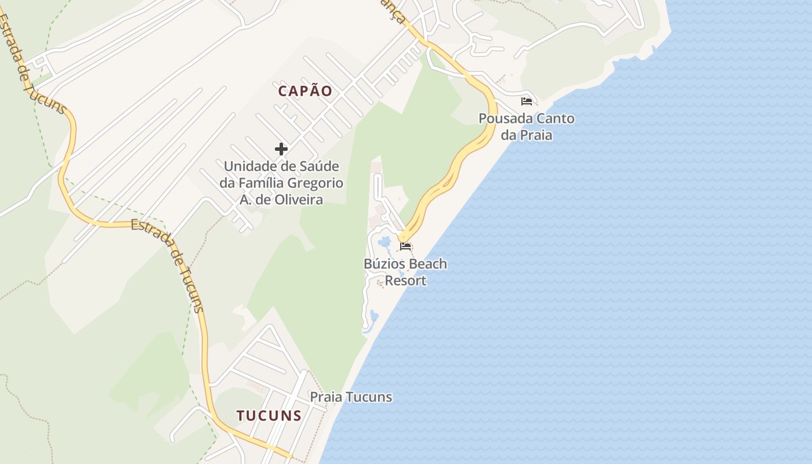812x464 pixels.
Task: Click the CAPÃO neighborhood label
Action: coord(305,91)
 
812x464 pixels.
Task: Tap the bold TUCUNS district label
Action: coord(269,415)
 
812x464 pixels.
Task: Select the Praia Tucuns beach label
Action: coord(351,397)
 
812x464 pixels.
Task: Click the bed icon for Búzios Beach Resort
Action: coord(405,246)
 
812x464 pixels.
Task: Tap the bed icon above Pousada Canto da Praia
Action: coord(527,101)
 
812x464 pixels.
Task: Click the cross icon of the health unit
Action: coord(281,149)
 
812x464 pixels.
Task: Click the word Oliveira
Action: coord(300,200)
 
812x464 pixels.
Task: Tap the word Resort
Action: coord(406,281)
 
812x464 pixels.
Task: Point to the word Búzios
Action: coord(384,264)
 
